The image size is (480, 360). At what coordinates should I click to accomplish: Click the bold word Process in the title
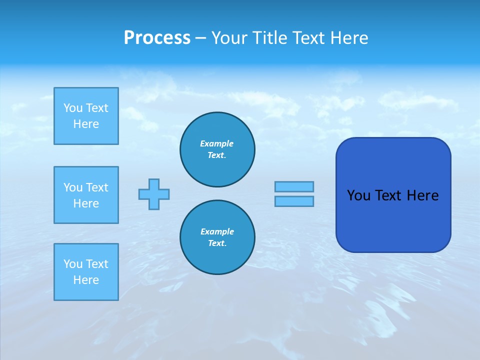point(157,38)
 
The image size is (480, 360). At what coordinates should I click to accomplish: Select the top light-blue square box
point(86,116)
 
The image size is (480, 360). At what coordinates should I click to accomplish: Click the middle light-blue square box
point(86,195)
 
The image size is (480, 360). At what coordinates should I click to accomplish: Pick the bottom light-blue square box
point(86,272)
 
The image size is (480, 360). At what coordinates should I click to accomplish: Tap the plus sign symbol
point(154,194)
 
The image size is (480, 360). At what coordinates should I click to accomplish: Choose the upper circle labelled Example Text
point(217,149)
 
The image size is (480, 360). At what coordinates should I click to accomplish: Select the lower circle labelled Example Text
point(217,237)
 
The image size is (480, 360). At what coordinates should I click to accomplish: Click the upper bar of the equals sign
point(294,186)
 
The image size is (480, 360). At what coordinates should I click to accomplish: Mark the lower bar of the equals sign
point(294,201)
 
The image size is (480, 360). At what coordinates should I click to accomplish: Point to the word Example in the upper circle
point(216,143)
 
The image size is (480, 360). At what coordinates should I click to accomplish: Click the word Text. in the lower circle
point(217,243)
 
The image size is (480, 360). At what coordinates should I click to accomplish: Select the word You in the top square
point(72,108)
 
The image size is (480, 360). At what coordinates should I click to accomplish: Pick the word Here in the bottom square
point(86,280)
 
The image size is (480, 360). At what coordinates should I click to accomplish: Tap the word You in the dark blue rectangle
point(358,195)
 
